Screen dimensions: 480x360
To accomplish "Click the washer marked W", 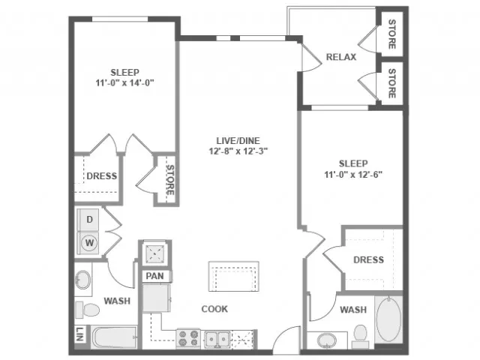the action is pyautogui.click(x=88, y=243).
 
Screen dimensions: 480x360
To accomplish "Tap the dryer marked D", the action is pyautogui.click(x=88, y=220).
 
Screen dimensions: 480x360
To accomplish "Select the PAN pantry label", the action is pyautogui.click(x=155, y=276).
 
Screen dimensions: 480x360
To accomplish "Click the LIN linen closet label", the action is pyautogui.click(x=79, y=334).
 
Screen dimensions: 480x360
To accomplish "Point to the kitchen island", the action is pyautogui.click(x=234, y=277).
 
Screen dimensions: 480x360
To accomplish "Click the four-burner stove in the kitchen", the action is pyautogui.click(x=188, y=338).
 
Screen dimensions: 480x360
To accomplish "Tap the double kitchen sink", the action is pyautogui.click(x=217, y=338).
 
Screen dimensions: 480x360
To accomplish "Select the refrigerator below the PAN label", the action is pyautogui.click(x=156, y=298).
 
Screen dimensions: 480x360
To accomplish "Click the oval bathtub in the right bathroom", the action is pyautogui.click(x=388, y=319).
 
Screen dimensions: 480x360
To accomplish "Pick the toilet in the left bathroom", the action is pyautogui.click(x=88, y=310).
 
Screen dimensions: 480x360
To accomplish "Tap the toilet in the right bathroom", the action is pyautogui.click(x=360, y=336).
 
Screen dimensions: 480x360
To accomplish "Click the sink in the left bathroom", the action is pyautogui.click(x=83, y=280).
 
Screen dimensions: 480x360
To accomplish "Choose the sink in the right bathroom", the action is pyautogui.click(x=327, y=340).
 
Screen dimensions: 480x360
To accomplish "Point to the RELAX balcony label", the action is pyautogui.click(x=341, y=57).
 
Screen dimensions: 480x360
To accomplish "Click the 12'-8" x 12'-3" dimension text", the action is pyautogui.click(x=238, y=151).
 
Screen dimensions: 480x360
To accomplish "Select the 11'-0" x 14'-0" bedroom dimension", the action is pyautogui.click(x=124, y=83).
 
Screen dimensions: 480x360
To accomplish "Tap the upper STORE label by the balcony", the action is pyautogui.click(x=391, y=34).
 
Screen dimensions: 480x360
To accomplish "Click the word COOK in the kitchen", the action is pyautogui.click(x=214, y=309).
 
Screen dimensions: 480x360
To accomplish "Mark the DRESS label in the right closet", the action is pyautogui.click(x=368, y=260).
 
